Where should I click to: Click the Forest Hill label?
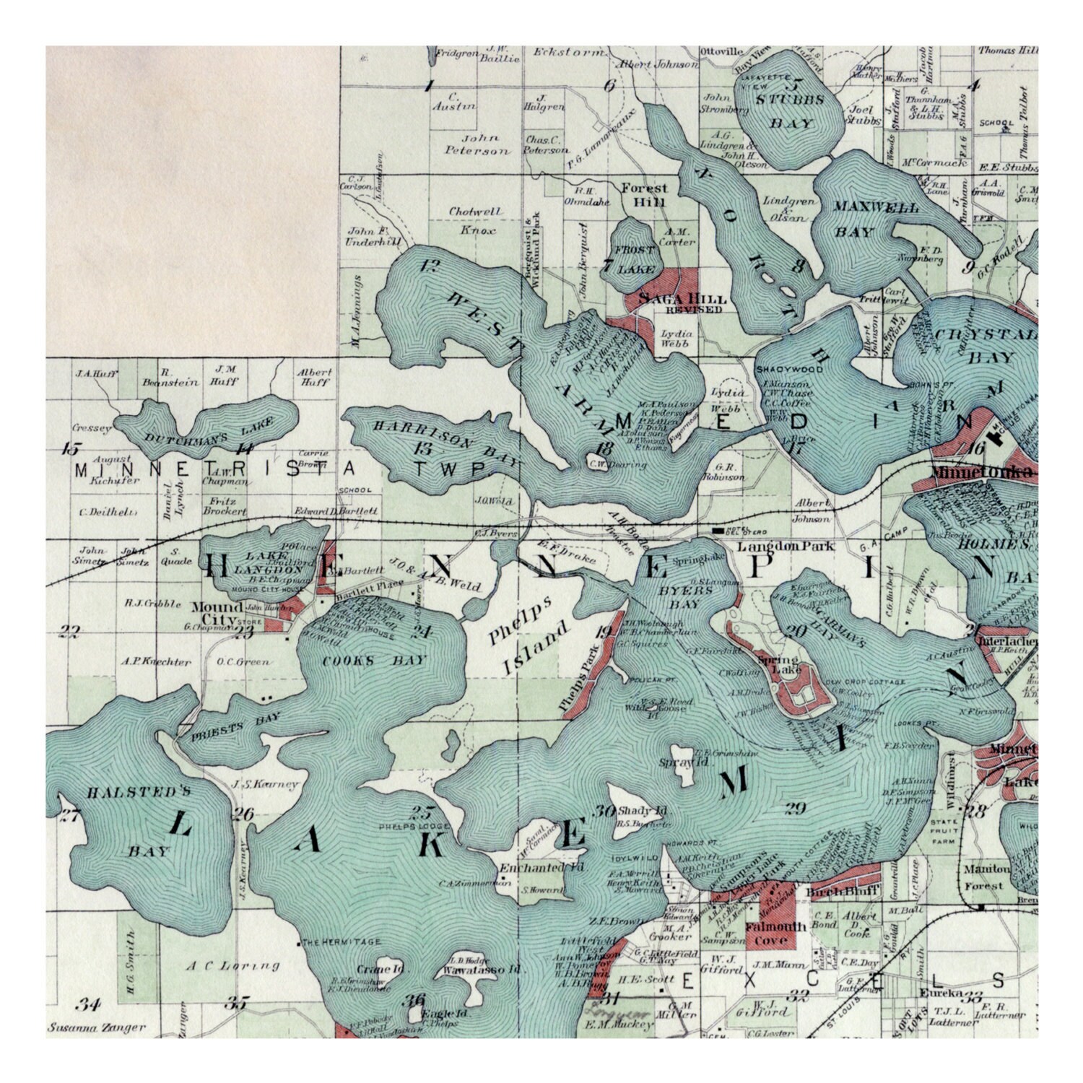(x=645, y=195)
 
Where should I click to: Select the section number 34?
(x=89, y=1004)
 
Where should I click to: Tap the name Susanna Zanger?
(x=97, y=1027)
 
